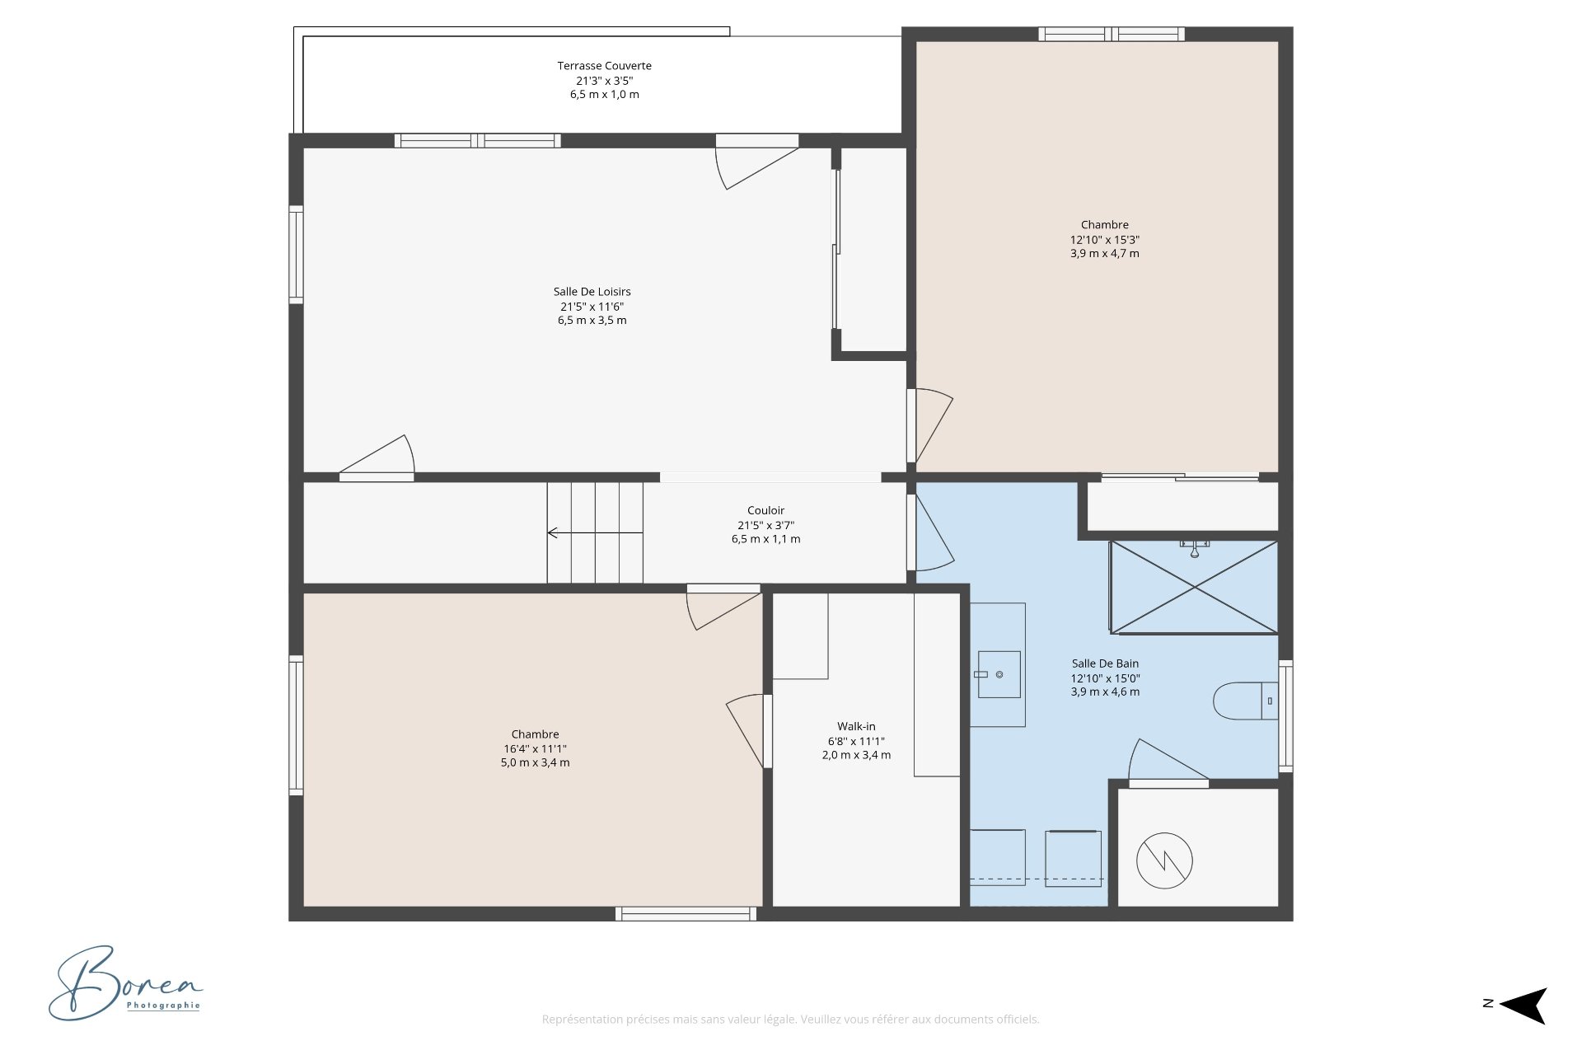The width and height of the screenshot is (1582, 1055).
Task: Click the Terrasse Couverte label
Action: [604, 66]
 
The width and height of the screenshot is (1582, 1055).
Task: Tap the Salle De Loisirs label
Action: [592, 292]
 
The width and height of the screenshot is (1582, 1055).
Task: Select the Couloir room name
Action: [765, 511]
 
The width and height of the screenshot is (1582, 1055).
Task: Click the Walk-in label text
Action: [856, 727]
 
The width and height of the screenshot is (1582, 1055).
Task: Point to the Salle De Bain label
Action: [1105, 663]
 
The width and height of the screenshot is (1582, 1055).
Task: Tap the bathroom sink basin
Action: [999, 675]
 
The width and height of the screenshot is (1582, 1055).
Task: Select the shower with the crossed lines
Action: [1194, 588]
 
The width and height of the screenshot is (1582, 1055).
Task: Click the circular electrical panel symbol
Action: [1164, 860]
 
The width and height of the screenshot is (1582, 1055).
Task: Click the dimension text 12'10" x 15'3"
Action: [1104, 240]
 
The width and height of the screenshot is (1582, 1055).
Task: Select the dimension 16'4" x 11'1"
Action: [535, 749]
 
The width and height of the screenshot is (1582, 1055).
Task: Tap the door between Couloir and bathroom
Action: [931, 532]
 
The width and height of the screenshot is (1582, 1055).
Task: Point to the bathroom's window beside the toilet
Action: [1285, 715]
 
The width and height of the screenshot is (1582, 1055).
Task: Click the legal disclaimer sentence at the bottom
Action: [790, 1020]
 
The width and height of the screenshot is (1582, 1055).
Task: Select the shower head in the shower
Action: [1194, 548]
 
